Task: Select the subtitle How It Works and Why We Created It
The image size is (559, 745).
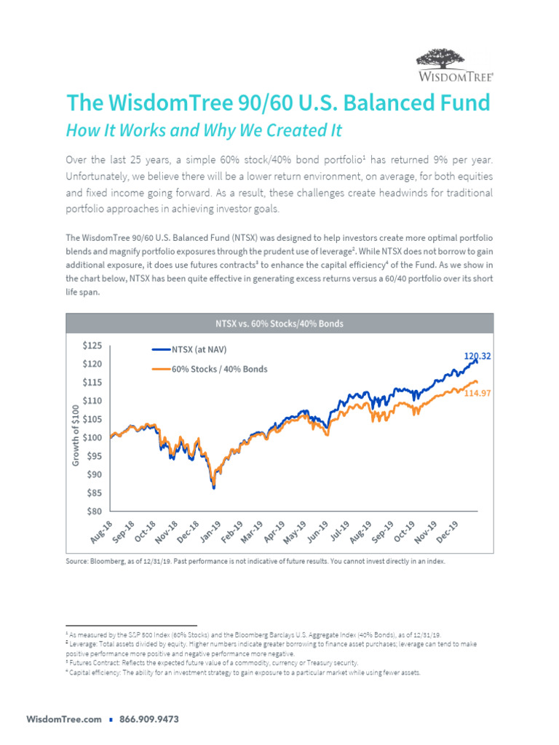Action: click(x=204, y=131)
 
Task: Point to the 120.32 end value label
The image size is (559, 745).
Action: click(x=477, y=356)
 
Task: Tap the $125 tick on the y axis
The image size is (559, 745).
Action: click(x=92, y=346)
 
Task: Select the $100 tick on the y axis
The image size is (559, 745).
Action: click(x=92, y=438)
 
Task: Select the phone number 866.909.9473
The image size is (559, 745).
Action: click(x=148, y=720)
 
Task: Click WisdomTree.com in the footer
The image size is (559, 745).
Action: click(x=64, y=720)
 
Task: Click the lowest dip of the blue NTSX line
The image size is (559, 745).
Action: click(x=213, y=487)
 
